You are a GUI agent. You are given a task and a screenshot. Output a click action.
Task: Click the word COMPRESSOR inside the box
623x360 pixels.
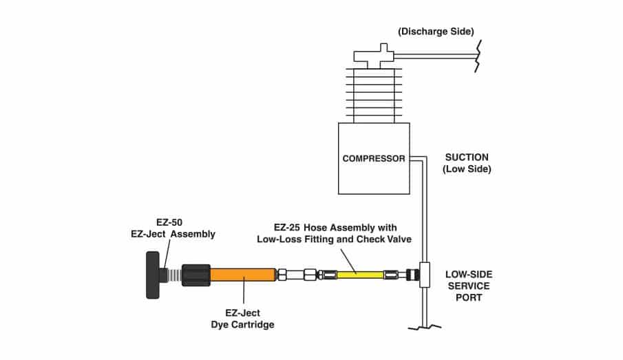click(374, 158)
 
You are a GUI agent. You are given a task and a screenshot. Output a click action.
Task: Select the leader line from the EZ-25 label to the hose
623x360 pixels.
click(344, 258)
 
